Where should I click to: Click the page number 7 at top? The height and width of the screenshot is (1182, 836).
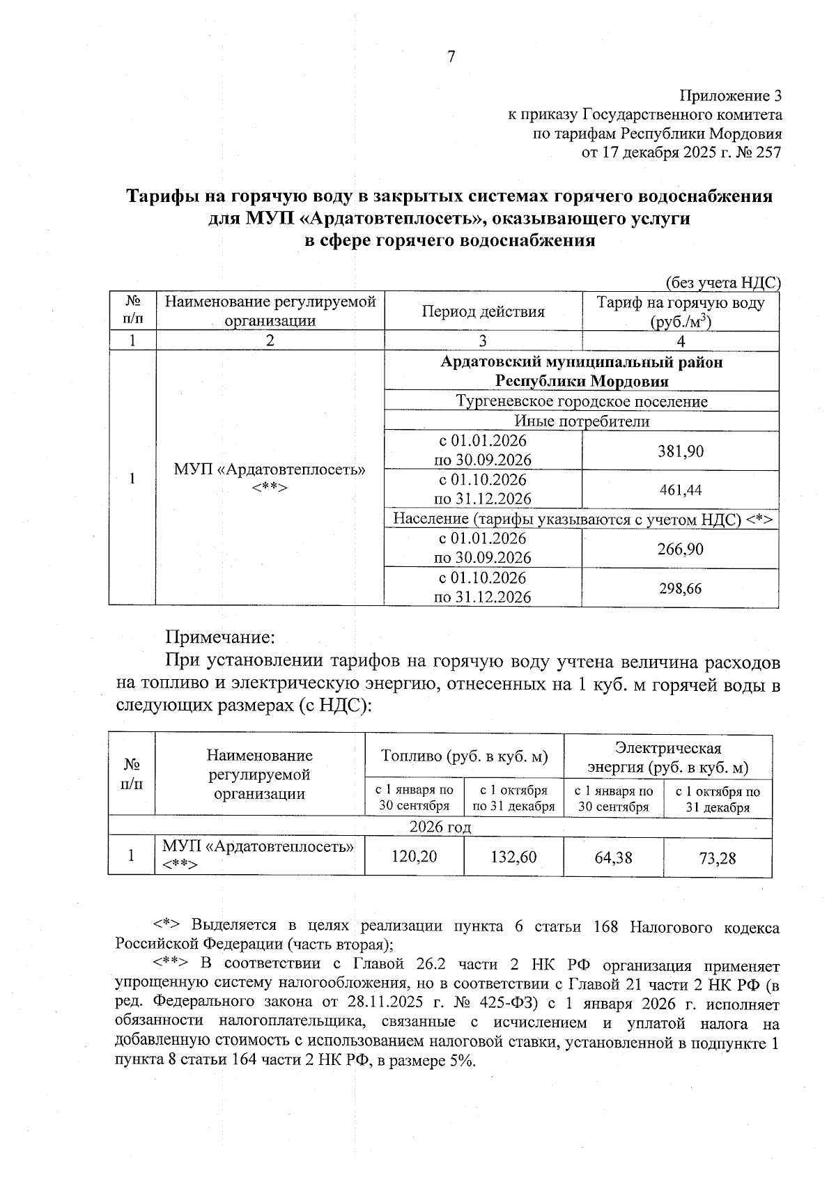(x=451, y=57)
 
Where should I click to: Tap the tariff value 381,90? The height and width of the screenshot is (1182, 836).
(x=681, y=451)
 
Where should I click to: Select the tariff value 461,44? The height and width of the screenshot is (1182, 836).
(x=681, y=490)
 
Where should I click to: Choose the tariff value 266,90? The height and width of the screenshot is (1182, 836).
(x=681, y=550)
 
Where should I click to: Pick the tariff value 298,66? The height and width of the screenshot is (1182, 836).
(x=681, y=589)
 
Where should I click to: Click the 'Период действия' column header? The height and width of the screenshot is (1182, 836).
(x=483, y=311)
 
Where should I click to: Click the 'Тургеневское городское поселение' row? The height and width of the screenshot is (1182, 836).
(x=581, y=402)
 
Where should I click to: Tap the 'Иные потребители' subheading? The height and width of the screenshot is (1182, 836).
(x=581, y=421)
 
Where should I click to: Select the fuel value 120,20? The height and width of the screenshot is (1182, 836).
(x=414, y=857)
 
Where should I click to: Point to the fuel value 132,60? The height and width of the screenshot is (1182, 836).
(x=513, y=857)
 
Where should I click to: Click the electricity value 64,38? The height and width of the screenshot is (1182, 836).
(x=613, y=857)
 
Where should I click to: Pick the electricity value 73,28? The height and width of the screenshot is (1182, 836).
(x=717, y=858)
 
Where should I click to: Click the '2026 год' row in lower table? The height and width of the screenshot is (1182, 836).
(x=440, y=827)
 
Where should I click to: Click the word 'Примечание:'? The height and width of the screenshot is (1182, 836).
(x=220, y=637)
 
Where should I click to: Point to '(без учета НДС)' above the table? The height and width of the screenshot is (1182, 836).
(x=722, y=282)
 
